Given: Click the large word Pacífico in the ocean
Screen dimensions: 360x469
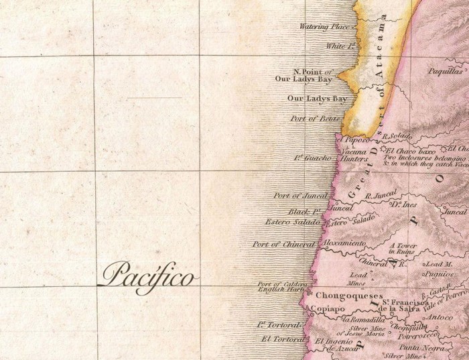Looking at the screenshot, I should [x=148, y=275].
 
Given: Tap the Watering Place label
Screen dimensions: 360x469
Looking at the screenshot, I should [x=324, y=27].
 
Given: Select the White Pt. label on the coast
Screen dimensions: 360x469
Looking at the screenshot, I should [x=340, y=46].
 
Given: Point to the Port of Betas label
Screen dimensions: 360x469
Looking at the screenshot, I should [x=316, y=119].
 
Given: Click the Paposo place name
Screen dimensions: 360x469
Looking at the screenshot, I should [x=356, y=139].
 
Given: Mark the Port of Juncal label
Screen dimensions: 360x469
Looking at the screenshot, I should [x=300, y=196].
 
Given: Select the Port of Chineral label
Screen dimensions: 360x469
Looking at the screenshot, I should [x=284, y=244].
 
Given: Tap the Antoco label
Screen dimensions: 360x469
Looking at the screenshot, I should [x=440, y=316].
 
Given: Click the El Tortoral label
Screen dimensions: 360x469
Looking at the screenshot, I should [x=283, y=338].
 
